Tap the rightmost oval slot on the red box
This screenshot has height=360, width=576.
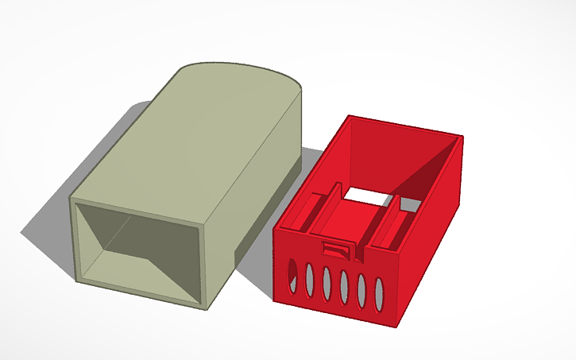coord(380,293)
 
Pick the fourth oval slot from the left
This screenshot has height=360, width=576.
coord(344,284)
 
